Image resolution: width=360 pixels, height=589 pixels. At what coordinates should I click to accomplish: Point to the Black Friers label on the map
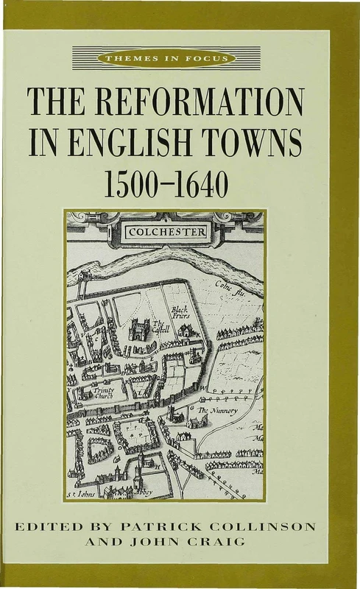180,314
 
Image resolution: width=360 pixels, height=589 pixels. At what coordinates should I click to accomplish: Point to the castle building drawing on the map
138,328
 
